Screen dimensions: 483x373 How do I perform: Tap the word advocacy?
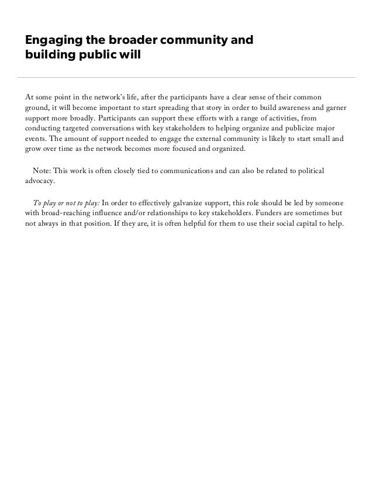[40, 181]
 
